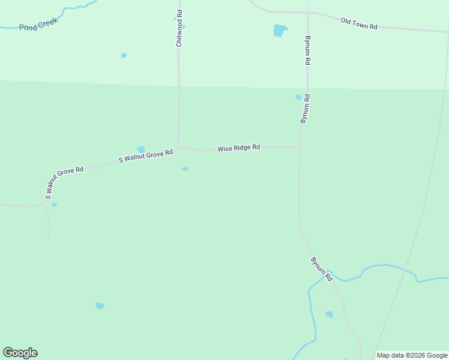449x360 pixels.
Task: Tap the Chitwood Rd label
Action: (x=179, y=28)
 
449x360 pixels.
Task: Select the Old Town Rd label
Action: (x=358, y=23)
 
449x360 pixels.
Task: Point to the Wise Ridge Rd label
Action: (x=238, y=148)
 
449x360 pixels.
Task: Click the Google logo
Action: (x=20, y=352)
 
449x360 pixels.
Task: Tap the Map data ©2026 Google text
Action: (x=412, y=355)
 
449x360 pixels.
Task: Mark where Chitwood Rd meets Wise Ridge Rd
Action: (x=178, y=148)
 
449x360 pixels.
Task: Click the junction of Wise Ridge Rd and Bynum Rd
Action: (x=299, y=146)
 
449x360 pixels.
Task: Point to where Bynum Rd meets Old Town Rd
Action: (x=308, y=13)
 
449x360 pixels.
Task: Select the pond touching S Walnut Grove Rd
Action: (x=141, y=149)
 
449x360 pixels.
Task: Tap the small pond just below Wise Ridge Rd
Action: (x=185, y=169)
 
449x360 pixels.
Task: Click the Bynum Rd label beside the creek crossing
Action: (x=321, y=269)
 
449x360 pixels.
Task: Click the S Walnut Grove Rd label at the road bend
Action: (x=64, y=179)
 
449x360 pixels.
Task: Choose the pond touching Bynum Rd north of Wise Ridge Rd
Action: (x=298, y=97)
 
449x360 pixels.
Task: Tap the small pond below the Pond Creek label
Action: (x=124, y=55)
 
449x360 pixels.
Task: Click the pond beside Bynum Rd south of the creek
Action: (x=329, y=314)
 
